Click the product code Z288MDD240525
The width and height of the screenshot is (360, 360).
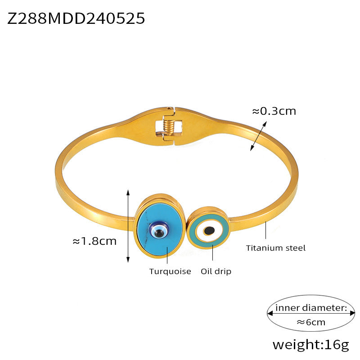click(76, 18)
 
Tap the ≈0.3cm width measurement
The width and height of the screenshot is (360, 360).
click(274, 110)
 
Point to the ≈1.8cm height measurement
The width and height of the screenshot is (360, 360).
click(94, 241)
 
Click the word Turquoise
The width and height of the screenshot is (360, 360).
click(170, 271)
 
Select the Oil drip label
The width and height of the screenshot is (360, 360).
click(216, 271)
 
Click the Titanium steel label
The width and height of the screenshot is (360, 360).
click(276, 247)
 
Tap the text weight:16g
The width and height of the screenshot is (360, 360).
click(310, 345)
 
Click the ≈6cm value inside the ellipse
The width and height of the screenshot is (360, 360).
click(311, 322)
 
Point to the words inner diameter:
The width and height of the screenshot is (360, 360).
click(311, 308)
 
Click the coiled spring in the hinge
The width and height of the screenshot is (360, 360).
click(167, 124)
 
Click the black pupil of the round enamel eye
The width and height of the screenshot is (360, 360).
click(209, 231)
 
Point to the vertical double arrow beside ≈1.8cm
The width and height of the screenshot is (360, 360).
click(128, 225)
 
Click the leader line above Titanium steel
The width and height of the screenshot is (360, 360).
click(265, 231)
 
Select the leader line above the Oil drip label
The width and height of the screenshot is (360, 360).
click(212, 254)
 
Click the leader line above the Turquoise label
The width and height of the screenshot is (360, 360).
click(167, 254)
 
